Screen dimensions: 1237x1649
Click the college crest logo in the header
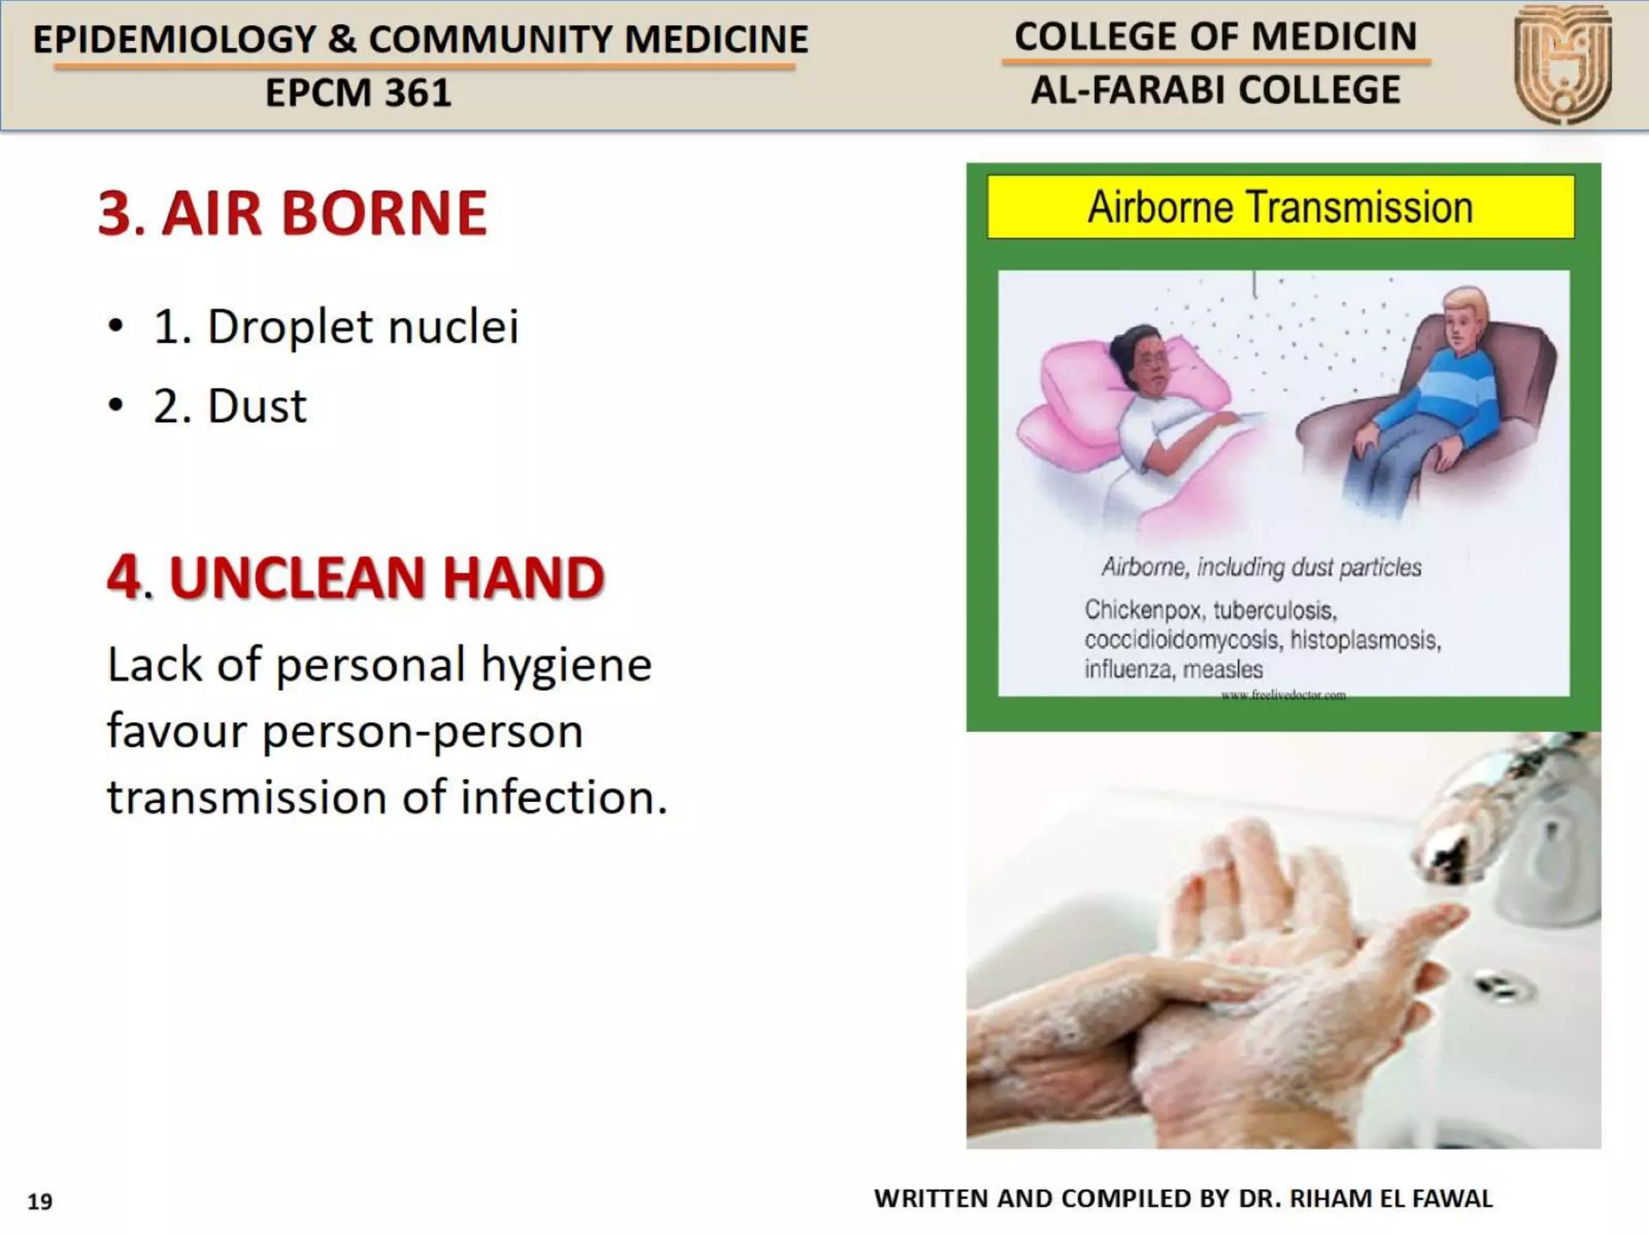point(1562,64)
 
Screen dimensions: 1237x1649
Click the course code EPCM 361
point(358,93)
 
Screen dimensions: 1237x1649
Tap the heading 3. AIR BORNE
point(292,213)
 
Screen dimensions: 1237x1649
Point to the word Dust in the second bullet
point(257,406)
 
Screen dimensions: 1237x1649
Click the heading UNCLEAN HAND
point(386,578)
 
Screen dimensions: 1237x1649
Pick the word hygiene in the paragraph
point(566,665)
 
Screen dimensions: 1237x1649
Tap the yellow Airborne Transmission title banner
point(1280,207)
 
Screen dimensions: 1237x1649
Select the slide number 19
point(40,1202)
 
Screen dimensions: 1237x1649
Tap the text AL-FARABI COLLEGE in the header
point(1216,90)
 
